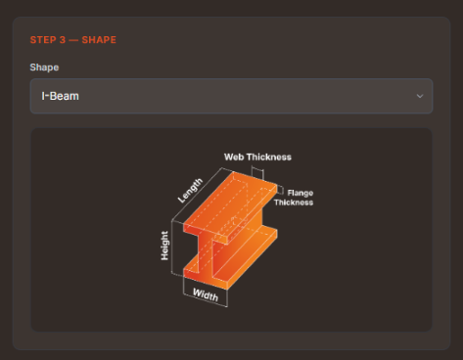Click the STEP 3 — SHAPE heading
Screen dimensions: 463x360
point(73,40)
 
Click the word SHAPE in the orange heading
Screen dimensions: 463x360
point(99,40)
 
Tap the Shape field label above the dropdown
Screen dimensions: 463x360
point(44,67)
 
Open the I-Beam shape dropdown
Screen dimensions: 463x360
point(231,96)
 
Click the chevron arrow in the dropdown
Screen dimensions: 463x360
point(420,96)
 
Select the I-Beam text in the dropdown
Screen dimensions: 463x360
point(60,96)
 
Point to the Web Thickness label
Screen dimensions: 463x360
point(257,157)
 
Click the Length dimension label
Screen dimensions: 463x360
point(190,190)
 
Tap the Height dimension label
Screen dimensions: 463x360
point(164,246)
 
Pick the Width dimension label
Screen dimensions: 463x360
point(206,294)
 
